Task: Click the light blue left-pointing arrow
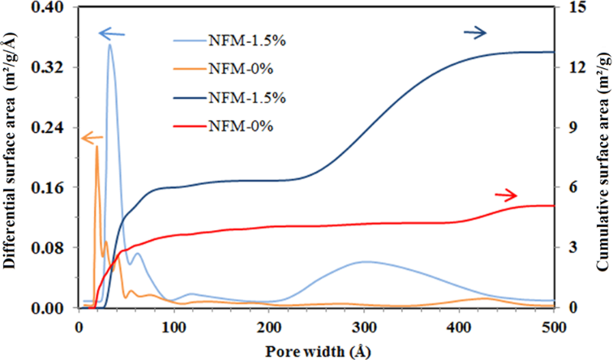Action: click(113, 33)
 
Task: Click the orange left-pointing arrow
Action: click(69, 139)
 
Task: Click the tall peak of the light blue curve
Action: click(109, 45)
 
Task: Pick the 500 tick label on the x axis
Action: click(554, 327)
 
